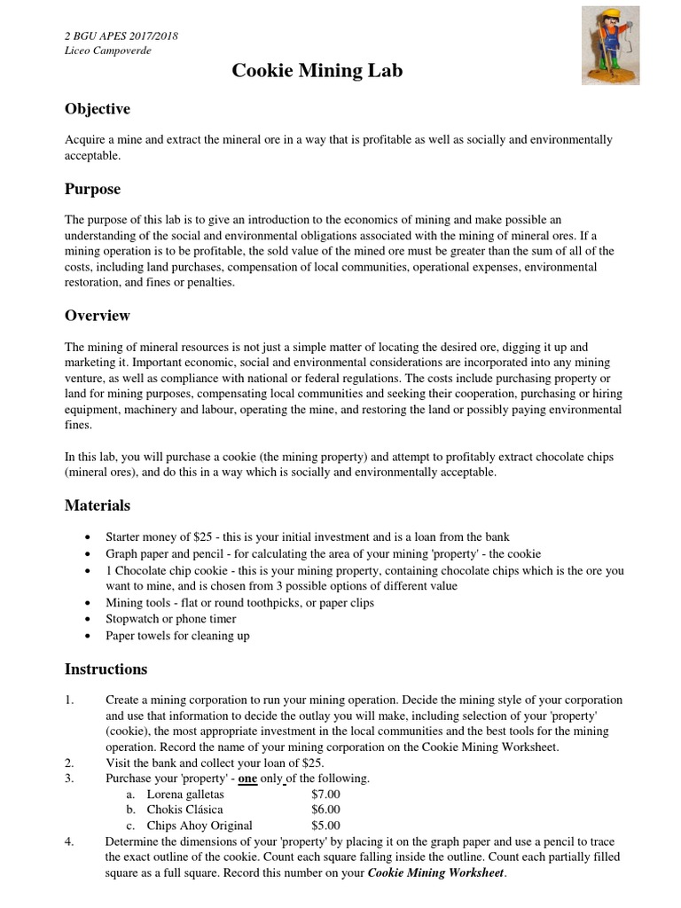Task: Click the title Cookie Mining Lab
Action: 317,71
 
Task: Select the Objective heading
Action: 98,109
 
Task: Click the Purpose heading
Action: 92,189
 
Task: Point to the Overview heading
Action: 98,316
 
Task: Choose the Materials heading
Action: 97,505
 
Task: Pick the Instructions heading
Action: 106,669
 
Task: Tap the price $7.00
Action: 325,794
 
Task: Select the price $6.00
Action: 325,810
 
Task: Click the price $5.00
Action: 325,826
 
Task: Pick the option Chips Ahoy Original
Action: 200,826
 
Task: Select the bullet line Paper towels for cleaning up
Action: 177,635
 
